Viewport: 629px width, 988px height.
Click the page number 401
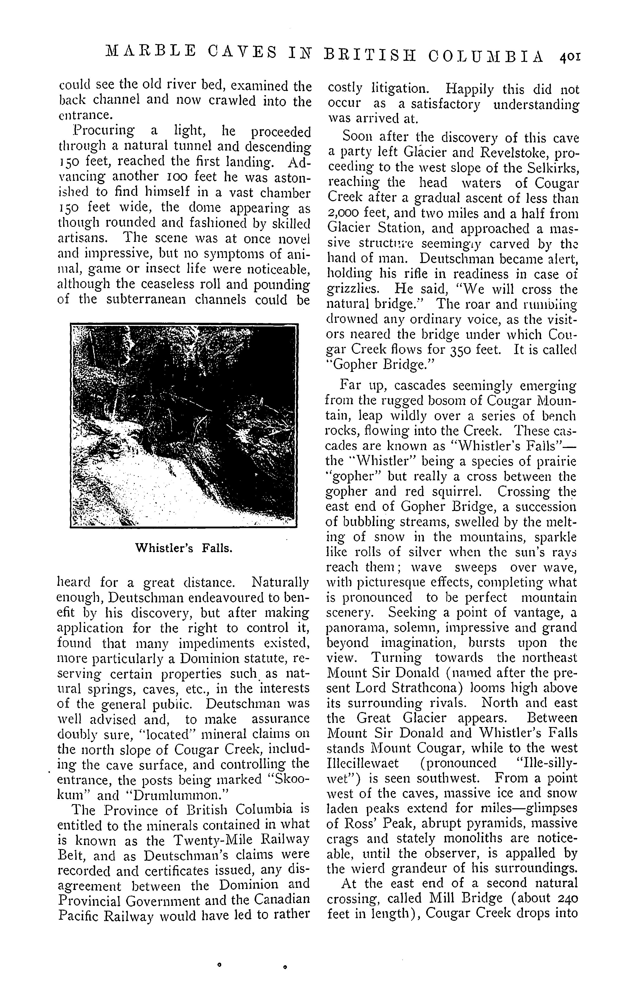click(x=569, y=56)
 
